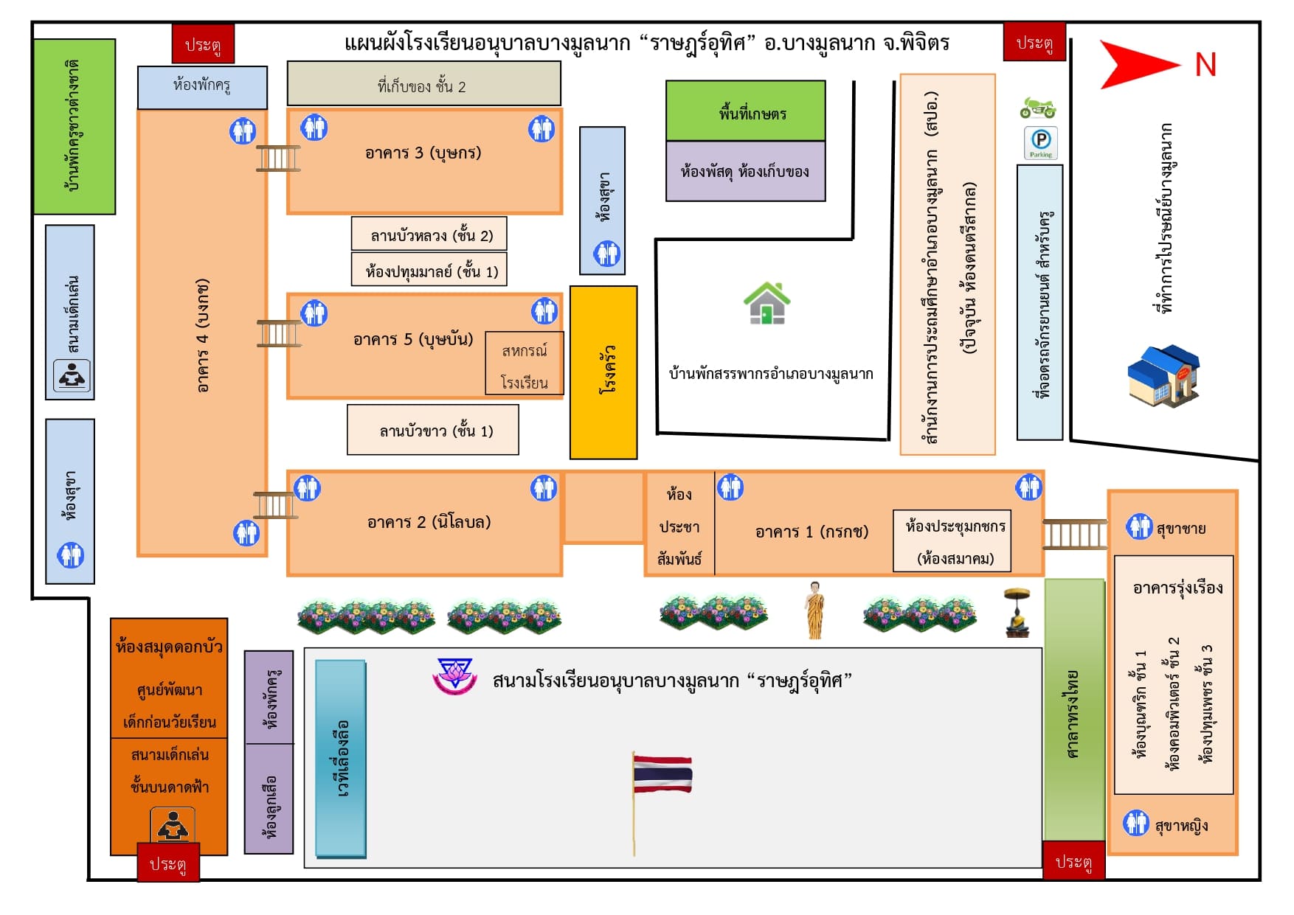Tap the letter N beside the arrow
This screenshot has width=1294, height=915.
tap(1205, 65)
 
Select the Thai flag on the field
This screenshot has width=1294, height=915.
tap(662, 774)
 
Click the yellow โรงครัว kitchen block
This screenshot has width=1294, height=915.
tap(603, 372)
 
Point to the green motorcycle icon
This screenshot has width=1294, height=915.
tap(1038, 108)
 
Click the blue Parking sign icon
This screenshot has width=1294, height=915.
tap(1041, 142)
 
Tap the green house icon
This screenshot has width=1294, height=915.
tap(767, 303)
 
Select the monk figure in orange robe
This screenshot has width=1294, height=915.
tap(814, 610)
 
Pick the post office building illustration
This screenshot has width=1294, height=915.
tap(1163, 376)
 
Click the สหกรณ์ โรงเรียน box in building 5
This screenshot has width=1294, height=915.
tap(525, 364)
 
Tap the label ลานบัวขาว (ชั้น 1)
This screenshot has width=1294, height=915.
tap(433, 430)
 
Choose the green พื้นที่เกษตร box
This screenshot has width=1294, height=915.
tap(745, 111)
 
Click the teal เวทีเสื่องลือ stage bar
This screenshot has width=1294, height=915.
tap(340, 758)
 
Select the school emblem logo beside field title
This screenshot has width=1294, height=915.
tap(455, 676)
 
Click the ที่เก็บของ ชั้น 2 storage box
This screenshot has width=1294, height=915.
tap(423, 84)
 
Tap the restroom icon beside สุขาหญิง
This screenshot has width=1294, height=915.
tap(1135, 822)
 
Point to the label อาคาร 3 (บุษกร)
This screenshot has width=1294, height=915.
tap(423, 153)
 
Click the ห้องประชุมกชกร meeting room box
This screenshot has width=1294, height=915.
tap(952, 541)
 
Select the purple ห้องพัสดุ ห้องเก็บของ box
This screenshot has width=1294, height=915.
tap(745, 171)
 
